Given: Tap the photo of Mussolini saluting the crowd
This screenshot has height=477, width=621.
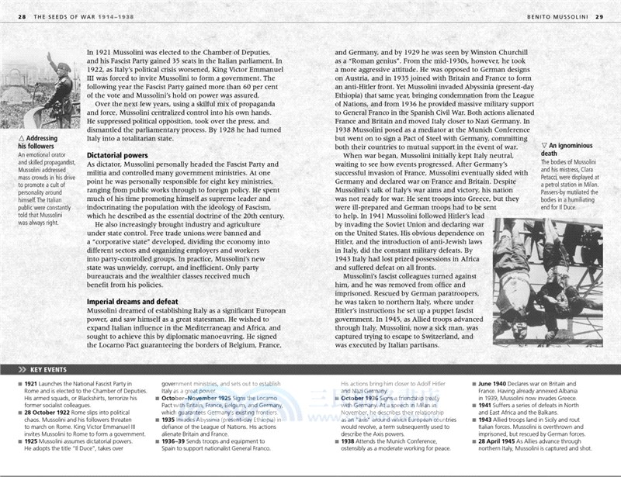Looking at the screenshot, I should click(45, 88).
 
